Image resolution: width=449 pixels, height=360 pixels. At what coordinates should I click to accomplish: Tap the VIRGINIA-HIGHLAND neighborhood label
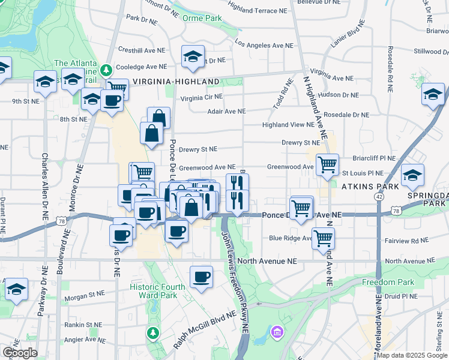click(176, 81)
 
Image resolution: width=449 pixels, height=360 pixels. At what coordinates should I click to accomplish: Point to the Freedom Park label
click(388, 282)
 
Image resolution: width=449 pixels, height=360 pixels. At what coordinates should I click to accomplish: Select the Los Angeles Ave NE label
click(264, 45)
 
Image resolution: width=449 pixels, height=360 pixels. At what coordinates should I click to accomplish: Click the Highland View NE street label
click(288, 125)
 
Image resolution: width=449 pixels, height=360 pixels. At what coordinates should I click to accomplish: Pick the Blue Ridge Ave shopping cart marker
click(324, 238)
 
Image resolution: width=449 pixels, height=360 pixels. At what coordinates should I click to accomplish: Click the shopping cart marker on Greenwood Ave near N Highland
click(328, 164)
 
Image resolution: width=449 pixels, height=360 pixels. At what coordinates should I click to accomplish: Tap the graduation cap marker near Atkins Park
click(412, 175)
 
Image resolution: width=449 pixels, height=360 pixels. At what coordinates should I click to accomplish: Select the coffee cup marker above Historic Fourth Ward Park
click(201, 277)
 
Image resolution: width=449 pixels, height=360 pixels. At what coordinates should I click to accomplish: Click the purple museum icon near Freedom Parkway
click(276, 331)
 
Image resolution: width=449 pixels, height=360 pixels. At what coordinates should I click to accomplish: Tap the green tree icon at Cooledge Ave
click(106, 70)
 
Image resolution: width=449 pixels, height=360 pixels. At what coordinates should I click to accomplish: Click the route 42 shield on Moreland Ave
click(379, 196)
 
